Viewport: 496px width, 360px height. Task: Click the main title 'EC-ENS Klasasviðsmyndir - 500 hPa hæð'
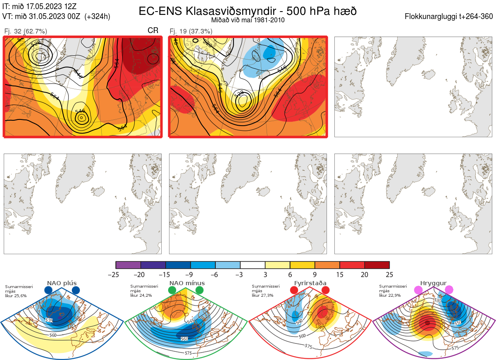tap(248, 11)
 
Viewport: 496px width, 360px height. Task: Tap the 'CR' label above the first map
tap(153, 31)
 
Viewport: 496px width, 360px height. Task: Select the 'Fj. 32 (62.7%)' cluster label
tap(25, 31)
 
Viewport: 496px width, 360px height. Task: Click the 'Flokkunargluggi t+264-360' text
tap(449, 17)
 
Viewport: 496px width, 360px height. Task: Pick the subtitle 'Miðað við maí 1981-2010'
tap(248, 20)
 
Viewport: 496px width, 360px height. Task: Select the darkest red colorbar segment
tap(377, 265)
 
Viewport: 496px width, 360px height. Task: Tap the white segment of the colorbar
tap(253, 265)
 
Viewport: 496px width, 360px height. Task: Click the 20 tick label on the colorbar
tap(365, 274)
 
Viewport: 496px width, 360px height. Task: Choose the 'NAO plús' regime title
tap(62, 283)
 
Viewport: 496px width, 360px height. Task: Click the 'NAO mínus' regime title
tap(187, 283)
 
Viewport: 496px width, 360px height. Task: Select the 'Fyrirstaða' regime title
tap(310, 283)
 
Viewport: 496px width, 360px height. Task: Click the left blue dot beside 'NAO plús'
tap(48, 290)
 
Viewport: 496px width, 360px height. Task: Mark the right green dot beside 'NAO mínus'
tap(200, 290)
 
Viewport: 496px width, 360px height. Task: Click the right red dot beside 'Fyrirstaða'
tap(325, 290)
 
